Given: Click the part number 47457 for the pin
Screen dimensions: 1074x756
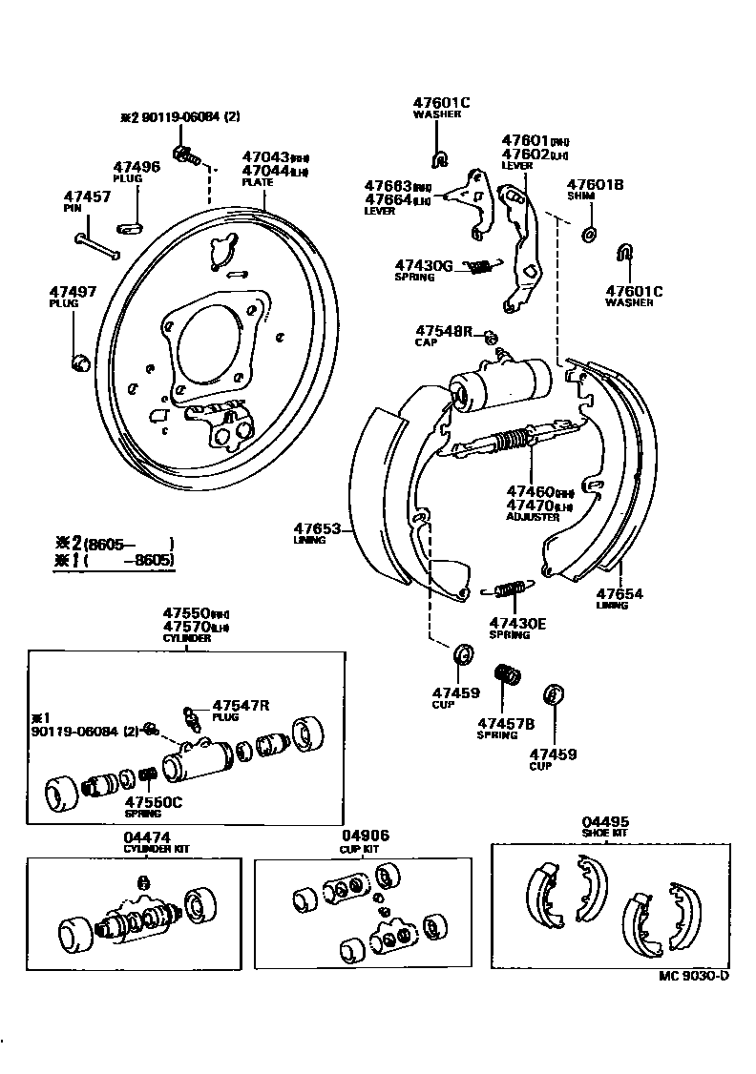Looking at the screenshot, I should (x=87, y=196).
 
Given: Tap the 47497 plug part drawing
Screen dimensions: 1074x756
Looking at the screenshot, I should (x=80, y=361).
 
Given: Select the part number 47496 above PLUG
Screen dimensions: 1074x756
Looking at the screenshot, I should (x=136, y=166).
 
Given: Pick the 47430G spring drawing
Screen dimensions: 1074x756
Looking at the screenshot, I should (x=482, y=266).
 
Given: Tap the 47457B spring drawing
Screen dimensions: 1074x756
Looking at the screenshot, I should (x=506, y=674).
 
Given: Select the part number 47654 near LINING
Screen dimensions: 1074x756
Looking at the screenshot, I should (x=619, y=593).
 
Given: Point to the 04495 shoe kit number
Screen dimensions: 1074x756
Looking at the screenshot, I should (x=606, y=821).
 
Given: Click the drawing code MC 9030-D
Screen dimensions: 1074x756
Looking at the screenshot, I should (x=694, y=976).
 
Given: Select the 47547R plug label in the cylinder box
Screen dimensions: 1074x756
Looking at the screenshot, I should (x=241, y=705).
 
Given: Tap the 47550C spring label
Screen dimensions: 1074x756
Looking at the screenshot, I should (x=154, y=802).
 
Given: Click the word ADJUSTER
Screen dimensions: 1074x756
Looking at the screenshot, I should (x=533, y=516).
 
